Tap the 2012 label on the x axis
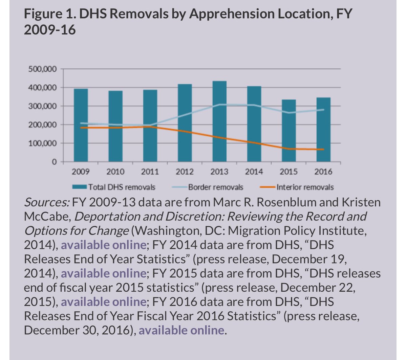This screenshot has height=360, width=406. pos(185,172)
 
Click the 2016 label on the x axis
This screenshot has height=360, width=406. pos(323,172)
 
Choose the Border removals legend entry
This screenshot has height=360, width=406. pos(215,187)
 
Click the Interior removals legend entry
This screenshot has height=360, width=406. pos(305,187)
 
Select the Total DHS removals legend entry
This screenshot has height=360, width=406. pos(121,187)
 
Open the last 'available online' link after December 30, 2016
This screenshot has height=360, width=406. pos(181,330)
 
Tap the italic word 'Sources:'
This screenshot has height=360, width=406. pos(47,202)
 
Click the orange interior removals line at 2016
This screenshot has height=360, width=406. pos(323,149)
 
